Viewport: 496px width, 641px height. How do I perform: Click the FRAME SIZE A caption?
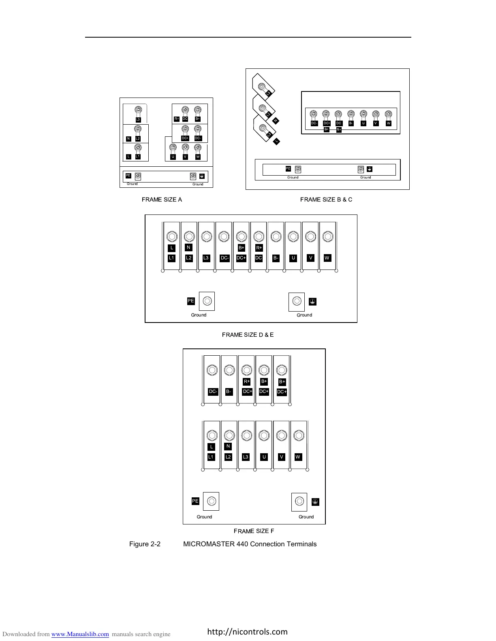point(162,200)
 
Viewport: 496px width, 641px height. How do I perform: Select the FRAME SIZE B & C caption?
point(326,200)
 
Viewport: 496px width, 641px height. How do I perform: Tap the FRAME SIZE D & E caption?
point(248,335)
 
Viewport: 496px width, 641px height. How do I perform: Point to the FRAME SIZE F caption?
point(254,531)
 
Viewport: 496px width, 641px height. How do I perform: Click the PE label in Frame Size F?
point(195,501)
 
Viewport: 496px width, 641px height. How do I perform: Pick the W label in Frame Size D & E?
point(327,258)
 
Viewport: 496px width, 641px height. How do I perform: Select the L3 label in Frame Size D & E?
point(206,258)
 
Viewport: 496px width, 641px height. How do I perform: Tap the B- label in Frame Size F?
point(229,392)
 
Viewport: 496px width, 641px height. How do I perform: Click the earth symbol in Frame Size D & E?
point(312,301)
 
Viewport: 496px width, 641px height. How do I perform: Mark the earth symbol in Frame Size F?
point(316,502)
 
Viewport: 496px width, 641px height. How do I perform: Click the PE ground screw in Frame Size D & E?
point(207,301)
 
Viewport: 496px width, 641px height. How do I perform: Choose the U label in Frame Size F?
point(264,457)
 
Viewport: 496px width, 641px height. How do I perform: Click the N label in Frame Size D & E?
point(188,247)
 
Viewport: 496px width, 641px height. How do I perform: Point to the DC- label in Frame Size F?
point(213,392)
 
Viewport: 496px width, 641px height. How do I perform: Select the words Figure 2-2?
point(145,544)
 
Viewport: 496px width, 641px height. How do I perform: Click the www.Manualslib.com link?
point(80,634)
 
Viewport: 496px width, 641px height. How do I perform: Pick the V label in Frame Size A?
point(185,157)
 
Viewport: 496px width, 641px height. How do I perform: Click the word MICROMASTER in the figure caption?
point(209,544)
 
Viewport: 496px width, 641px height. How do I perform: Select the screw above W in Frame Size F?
point(299,435)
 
